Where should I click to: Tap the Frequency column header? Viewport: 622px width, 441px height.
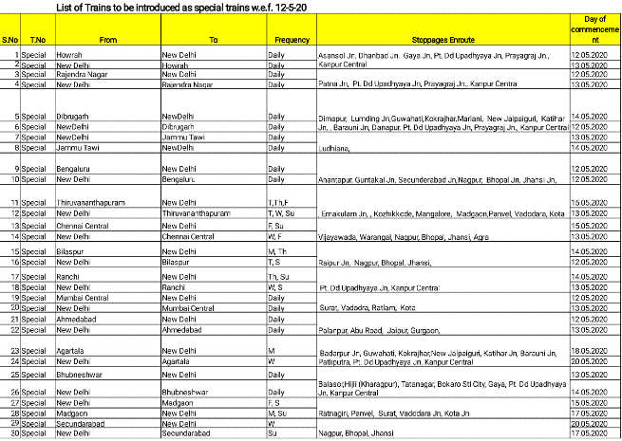292,42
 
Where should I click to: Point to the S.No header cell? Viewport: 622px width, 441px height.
10,42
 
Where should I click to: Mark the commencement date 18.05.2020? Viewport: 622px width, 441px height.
594,350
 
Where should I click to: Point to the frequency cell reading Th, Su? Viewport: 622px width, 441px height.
278,275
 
